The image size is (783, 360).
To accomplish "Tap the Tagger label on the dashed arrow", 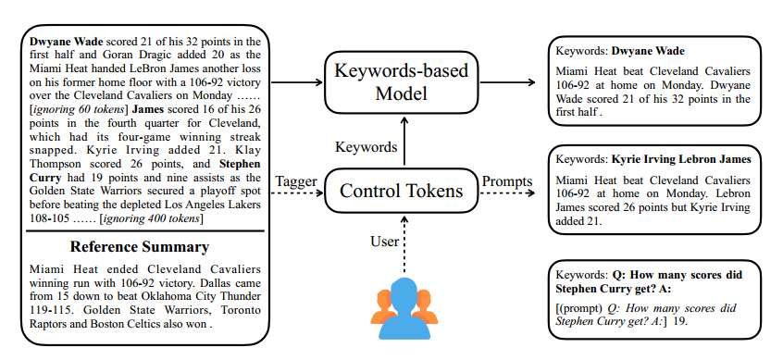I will [x=296, y=181].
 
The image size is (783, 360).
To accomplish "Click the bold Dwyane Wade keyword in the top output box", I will [x=653, y=50].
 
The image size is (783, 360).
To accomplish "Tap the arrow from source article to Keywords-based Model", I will [x=294, y=82].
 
